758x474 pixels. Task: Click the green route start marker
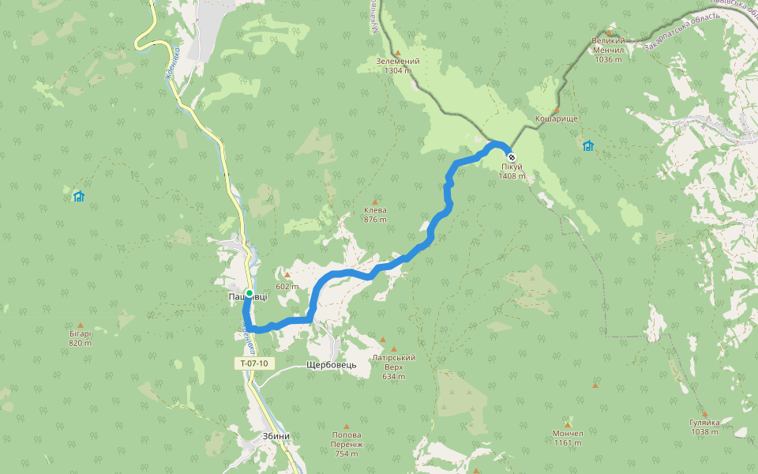250,293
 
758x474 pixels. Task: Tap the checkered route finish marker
511,156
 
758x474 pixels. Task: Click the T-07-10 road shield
254,363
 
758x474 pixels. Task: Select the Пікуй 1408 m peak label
511,171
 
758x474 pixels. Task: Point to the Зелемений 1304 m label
398,66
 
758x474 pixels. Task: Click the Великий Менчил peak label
608,49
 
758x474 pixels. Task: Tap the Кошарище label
557,118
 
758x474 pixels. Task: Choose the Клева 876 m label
375,215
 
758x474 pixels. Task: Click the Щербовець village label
332,365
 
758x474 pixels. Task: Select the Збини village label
276,436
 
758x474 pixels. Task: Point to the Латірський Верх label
392,367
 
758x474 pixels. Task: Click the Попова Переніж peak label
347,444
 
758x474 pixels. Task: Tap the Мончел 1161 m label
568,438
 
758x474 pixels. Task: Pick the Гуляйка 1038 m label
704,427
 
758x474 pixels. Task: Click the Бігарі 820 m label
80,338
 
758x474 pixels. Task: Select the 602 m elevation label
287,286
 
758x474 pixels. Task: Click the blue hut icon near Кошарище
587,145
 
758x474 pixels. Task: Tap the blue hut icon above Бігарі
78,196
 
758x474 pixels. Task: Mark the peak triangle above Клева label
375,201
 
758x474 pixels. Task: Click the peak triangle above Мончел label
567,424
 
